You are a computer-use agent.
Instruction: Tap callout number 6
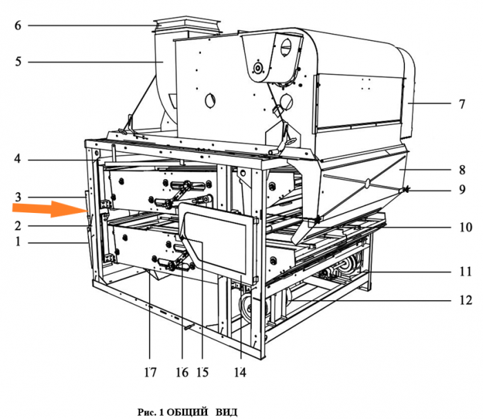(x=18, y=26)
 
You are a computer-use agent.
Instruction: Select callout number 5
(x=18, y=62)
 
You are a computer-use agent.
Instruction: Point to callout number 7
(x=462, y=104)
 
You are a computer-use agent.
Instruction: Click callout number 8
(x=462, y=169)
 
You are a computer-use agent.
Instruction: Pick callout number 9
(x=462, y=189)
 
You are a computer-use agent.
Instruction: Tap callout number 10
(x=466, y=227)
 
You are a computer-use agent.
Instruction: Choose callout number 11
(x=466, y=272)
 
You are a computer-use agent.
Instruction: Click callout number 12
(x=466, y=300)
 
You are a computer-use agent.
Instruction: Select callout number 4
(x=18, y=159)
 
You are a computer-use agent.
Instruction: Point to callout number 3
(x=18, y=196)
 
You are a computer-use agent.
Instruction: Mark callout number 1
(x=18, y=241)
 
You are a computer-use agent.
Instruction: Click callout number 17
(x=150, y=373)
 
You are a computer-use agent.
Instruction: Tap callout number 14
(x=240, y=373)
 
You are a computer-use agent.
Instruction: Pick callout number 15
(x=202, y=373)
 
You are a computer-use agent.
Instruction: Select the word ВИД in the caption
(x=226, y=412)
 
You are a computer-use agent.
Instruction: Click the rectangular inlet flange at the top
(x=187, y=26)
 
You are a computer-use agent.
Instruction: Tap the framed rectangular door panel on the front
(x=219, y=239)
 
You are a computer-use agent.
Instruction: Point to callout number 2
(x=18, y=225)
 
